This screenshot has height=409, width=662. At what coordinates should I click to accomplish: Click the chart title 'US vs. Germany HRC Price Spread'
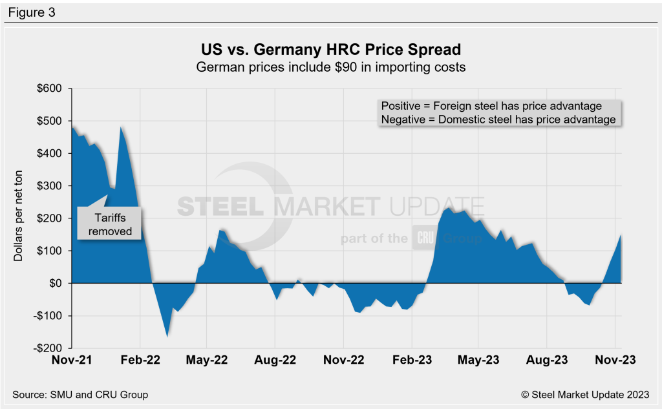(x=330, y=50)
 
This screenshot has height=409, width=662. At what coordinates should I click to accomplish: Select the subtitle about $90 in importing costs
(x=330, y=67)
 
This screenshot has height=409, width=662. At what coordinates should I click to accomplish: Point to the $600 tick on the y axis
(x=50, y=89)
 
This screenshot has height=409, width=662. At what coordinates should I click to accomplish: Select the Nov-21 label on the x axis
(x=72, y=362)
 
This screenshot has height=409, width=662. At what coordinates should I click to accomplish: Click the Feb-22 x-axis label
(x=140, y=362)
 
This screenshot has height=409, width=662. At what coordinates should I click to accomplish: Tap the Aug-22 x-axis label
(x=275, y=362)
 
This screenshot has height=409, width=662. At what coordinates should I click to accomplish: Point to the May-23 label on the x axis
(x=478, y=362)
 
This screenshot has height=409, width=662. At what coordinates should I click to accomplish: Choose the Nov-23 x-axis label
(x=614, y=362)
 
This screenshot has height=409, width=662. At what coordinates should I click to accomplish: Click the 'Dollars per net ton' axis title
(x=19, y=217)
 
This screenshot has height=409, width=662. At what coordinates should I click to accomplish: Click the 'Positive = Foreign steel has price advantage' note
(x=491, y=106)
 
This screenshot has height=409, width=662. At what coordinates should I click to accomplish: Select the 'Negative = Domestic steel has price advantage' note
(x=498, y=120)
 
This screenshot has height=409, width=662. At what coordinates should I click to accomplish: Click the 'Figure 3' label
(x=32, y=12)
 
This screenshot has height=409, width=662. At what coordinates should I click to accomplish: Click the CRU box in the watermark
(x=425, y=238)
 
